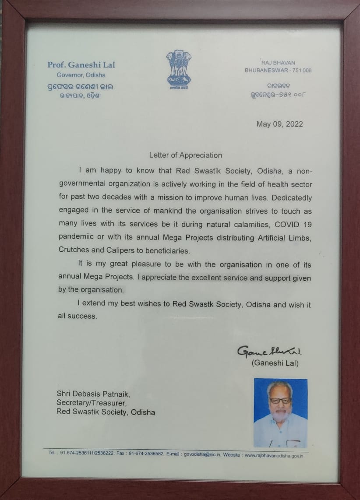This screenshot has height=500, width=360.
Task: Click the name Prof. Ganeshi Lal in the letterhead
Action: click(x=81, y=65)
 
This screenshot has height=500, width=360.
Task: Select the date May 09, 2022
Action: click(x=279, y=124)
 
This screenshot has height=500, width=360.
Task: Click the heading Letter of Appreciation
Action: click(x=185, y=155)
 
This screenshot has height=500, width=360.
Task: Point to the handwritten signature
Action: click(x=270, y=352)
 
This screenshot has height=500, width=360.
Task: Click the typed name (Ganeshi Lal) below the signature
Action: click(x=275, y=363)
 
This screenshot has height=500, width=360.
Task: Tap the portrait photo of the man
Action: click(x=280, y=412)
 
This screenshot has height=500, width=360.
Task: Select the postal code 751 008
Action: click(x=302, y=70)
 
